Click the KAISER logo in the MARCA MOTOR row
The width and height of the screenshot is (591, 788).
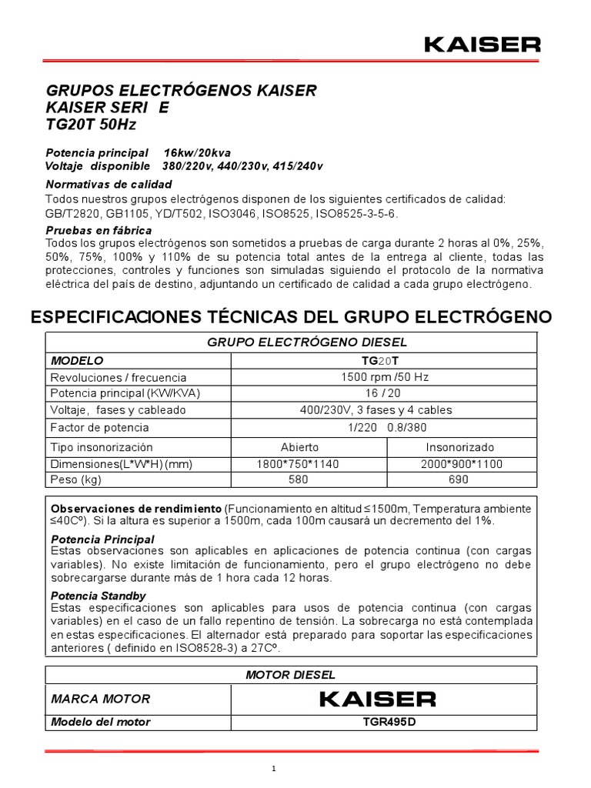coord(377,699)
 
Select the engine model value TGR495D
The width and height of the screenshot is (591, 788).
coord(377,722)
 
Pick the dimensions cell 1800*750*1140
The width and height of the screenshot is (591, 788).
coord(298,464)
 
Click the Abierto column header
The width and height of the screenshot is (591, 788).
coord(299,447)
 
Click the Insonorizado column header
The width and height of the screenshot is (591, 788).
coord(460,447)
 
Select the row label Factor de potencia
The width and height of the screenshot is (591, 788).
coord(99,427)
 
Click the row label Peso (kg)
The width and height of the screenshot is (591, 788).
coord(76,479)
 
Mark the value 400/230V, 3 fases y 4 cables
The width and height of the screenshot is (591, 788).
coord(376,409)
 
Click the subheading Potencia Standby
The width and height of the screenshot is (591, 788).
coord(98,596)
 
